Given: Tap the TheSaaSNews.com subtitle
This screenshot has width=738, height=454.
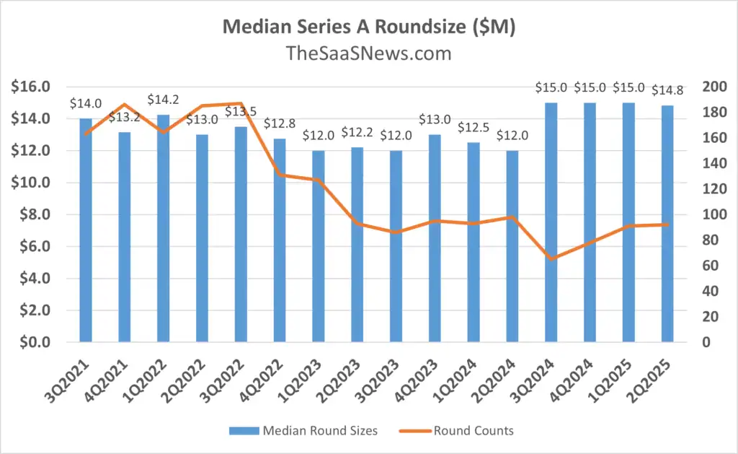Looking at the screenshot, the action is [x=368, y=53].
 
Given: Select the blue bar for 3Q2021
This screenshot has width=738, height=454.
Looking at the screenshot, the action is [x=86, y=230].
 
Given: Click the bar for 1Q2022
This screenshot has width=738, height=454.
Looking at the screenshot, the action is [x=164, y=228].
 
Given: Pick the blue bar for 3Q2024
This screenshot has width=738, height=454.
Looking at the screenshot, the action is [x=551, y=222].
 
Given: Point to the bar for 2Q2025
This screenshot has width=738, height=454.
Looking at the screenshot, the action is [x=667, y=224].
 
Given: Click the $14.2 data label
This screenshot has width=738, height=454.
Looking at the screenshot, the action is [x=164, y=100].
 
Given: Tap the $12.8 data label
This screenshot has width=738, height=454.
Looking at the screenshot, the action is [x=280, y=123].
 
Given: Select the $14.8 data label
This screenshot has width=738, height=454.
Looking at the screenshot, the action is [x=667, y=90].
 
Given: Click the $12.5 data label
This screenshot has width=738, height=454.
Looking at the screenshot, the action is [x=474, y=127].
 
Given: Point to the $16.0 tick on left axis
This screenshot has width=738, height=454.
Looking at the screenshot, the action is [x=30, y=87].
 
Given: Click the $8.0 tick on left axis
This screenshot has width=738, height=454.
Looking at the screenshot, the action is [x=35, y=214].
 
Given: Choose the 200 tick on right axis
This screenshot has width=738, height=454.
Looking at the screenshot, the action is [x=714, y=87].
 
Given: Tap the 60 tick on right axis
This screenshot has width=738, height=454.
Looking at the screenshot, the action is [x=710, y=266].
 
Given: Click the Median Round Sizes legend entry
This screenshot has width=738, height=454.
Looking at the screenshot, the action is [x=303, y=430].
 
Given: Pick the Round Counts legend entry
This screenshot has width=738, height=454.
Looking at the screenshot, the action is [x=456, y=430].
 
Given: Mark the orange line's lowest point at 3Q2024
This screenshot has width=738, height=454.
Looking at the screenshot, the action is [x=551, y=259].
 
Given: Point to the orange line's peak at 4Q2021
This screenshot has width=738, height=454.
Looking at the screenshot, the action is [x=124, y=104].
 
